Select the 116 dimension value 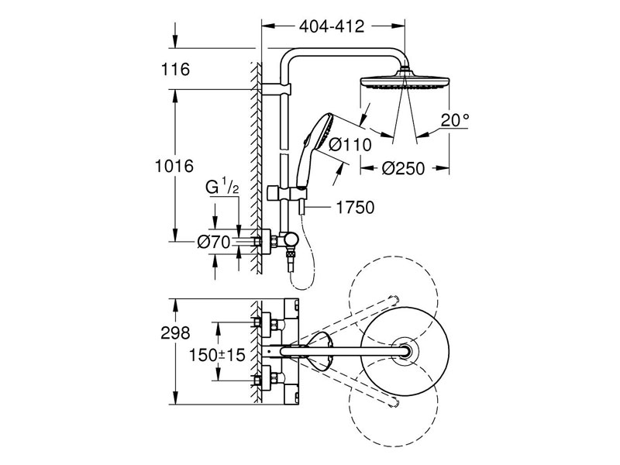pyautogui.click(x=177, y=71)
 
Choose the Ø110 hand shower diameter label pyautogui.click(x=350, y=144)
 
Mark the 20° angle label pyautogui.click(x=456, y=120)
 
